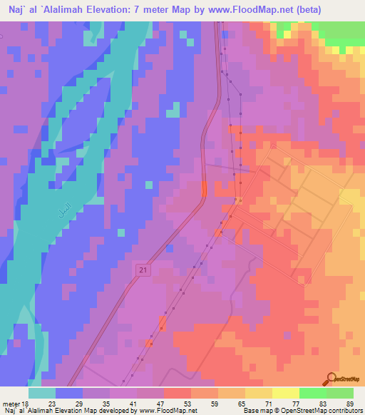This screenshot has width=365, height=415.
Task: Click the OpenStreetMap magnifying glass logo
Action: tap(331, 379)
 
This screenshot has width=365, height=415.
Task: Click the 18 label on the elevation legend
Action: tap(27, 404)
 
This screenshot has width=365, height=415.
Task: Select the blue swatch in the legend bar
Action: tap(69, 393)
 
